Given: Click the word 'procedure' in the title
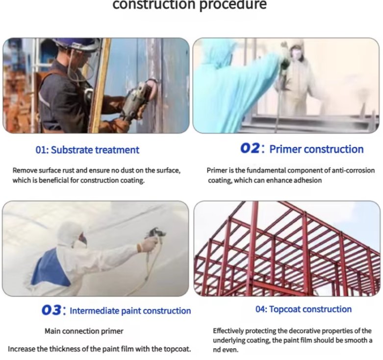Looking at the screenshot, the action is click(x=233, y=5).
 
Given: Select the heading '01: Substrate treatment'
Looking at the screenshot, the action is click(x=87, y=150).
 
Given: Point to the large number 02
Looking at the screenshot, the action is click(x=250, y=148).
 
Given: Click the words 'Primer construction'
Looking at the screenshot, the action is click(x=316, y=149).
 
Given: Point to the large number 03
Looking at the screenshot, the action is click(x=51, y=310).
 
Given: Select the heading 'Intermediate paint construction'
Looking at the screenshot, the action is click(x=130, y=311).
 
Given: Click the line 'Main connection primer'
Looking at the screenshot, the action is click(x=84, y=331).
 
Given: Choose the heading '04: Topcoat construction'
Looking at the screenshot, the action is click(x=304, y=309).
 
